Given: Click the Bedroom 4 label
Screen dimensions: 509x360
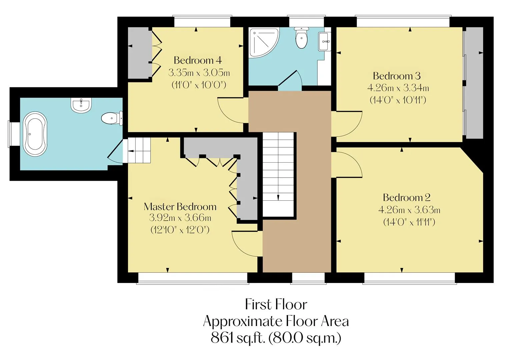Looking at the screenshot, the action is (x=198, y=60).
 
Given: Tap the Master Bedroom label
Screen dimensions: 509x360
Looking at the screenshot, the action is (x=180, y=207).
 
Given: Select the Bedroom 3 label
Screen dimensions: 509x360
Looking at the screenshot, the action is (x=397, y=76).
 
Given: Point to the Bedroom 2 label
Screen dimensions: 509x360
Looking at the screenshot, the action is (x=407, y=197).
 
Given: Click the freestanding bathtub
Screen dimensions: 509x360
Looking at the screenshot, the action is (x=35, y=134).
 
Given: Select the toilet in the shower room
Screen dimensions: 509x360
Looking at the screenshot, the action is (x=301, y=38).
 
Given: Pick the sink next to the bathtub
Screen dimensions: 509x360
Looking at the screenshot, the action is (x=81, y=105).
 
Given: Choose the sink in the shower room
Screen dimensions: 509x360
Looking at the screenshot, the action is (x=324, y=41).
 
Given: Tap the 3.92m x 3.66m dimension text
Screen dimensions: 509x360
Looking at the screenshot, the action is (x=180, y=218).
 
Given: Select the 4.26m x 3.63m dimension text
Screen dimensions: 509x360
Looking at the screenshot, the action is (x=409, y=210).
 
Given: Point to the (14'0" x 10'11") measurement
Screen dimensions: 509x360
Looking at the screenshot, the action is (x=398, y=100).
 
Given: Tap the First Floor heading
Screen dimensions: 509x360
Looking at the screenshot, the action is (x=276, y=304).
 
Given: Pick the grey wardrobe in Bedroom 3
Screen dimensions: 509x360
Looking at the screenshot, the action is (x=473, y=83).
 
